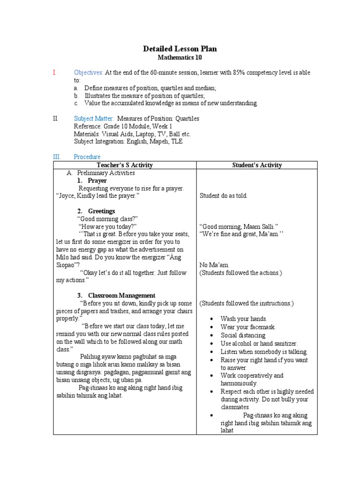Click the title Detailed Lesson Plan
(180, 49)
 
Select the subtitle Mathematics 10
(180, 57)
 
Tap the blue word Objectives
(88, 73)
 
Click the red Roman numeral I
(54, 73)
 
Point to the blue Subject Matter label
(94, 119)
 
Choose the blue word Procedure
(87, 157)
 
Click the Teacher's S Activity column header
(125, 165)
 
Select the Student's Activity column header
(257, 165)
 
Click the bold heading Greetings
(101, 211)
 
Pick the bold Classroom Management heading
(121, 295)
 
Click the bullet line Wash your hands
(244, 318)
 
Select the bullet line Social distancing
(243, 335)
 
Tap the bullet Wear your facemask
(248, 327)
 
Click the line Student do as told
(223, 196)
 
